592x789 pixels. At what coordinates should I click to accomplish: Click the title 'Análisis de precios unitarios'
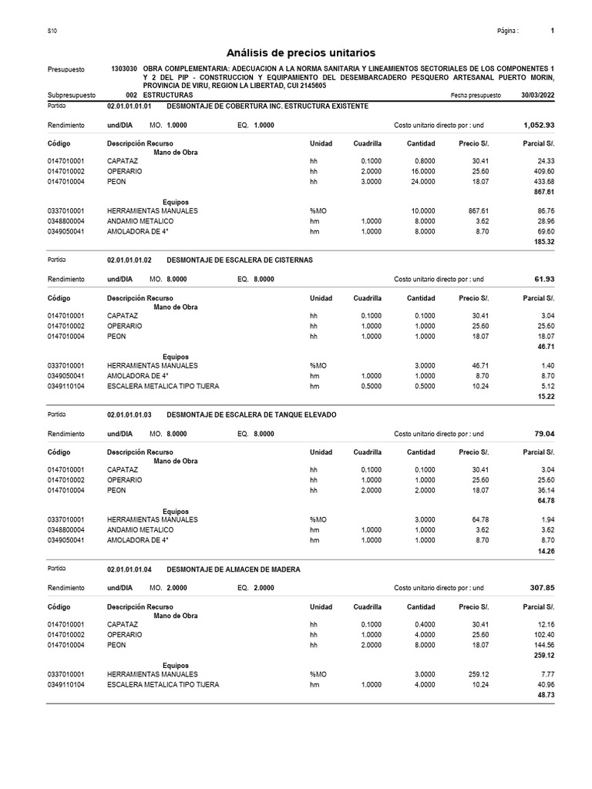click(301, 52)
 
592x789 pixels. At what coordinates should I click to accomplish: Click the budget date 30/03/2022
click(537, 95)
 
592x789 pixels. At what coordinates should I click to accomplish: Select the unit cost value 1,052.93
click(538, 125)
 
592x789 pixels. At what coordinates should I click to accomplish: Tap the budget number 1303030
click(125, 69)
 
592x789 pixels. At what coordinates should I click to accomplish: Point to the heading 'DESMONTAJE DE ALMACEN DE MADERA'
click(234, 569)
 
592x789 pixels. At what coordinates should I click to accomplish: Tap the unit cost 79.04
click(543, 434)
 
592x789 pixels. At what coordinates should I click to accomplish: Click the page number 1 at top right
click(553, 31)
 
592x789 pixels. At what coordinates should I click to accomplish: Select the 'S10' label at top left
click(52, 31)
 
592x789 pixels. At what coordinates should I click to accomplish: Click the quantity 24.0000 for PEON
click(421, 182)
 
